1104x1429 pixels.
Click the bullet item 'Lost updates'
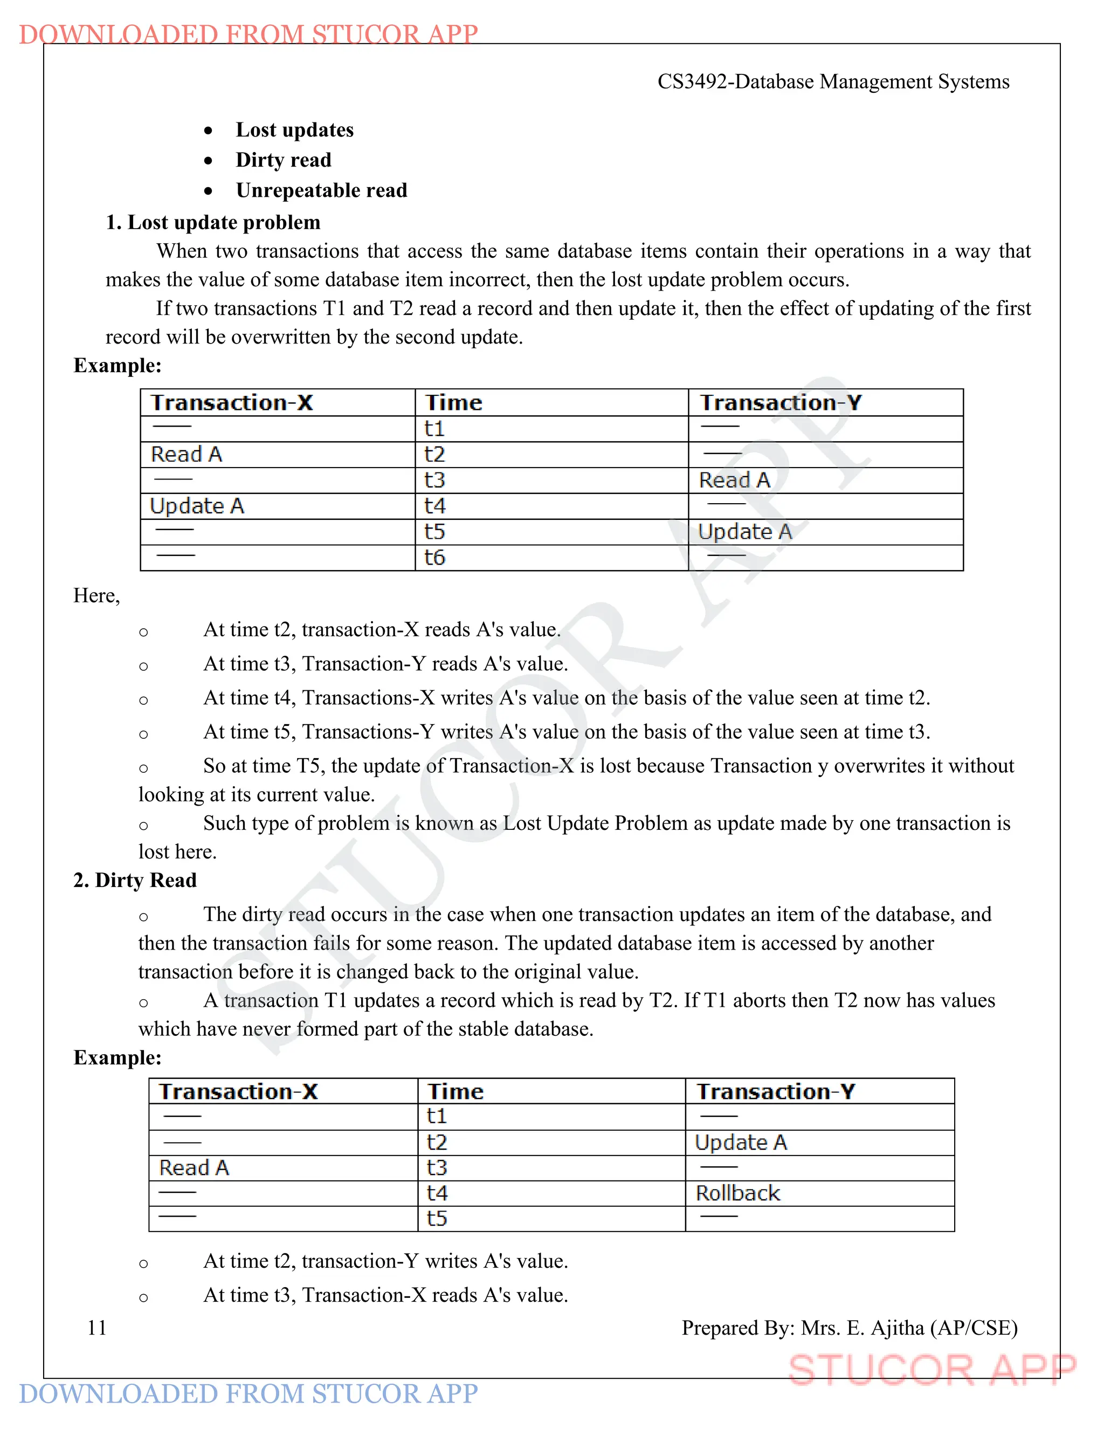click(x=294, y=129)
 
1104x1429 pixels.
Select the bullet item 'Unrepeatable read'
click(x=321, y=190)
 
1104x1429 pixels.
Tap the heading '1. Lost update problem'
click(x=213, y=223)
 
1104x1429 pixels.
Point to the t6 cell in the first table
click(x=434, y=558)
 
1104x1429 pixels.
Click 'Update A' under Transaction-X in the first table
click(x=197, y=506)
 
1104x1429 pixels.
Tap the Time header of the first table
click(x=453, y=402)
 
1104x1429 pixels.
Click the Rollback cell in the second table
click(x=738, y=1193)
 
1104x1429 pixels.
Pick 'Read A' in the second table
click(x=194, y=1168)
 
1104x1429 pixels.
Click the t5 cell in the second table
click(x=437, y=1218)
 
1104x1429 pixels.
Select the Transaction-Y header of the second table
click(x=776, y=1091)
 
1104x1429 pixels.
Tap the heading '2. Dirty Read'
click(x=135, y=880)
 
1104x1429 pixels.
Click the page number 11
click(x=97, y=1328)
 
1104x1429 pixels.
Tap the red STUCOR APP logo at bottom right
click(x=931, y=1370)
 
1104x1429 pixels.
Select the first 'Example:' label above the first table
click(x=118, y=365)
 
